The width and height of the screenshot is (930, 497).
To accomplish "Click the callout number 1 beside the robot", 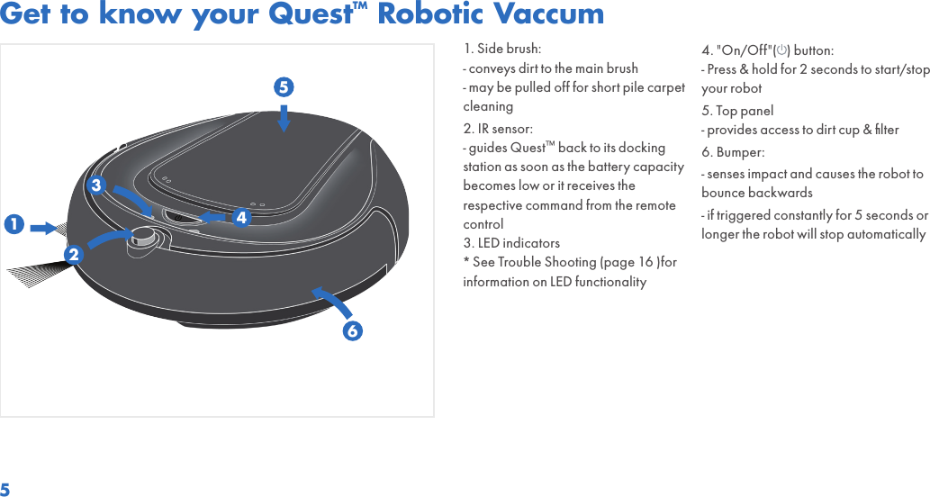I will coord(14,222).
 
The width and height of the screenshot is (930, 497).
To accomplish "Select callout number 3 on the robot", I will coord(95,185).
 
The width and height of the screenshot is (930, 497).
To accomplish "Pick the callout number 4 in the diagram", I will coord(241,218).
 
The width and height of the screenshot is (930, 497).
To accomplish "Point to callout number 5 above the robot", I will coord(284,88).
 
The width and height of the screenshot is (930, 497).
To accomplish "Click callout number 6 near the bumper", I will coord(353,330).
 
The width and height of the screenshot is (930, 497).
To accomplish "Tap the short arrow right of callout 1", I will coord(44,228).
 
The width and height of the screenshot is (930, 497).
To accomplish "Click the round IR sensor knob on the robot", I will coord(144,237).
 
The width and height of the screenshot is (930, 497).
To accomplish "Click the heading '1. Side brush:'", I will coord(502,49).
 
